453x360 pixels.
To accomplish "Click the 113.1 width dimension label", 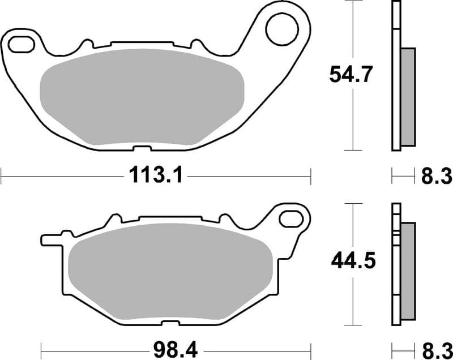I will pos(156,177).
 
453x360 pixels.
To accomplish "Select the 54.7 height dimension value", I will pos(351,75).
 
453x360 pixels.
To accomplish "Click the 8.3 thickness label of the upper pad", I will pos(436,177).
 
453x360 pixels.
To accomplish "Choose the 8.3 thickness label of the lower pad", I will pos(436,347).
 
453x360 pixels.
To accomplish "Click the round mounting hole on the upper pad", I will pos(281,30).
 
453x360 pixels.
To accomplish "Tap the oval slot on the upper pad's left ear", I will pos(21,42).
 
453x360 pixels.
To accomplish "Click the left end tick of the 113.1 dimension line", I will pos(2,176).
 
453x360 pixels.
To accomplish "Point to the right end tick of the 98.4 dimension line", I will pos(311,346).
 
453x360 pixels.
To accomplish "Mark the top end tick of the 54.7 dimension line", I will pos(353,2).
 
